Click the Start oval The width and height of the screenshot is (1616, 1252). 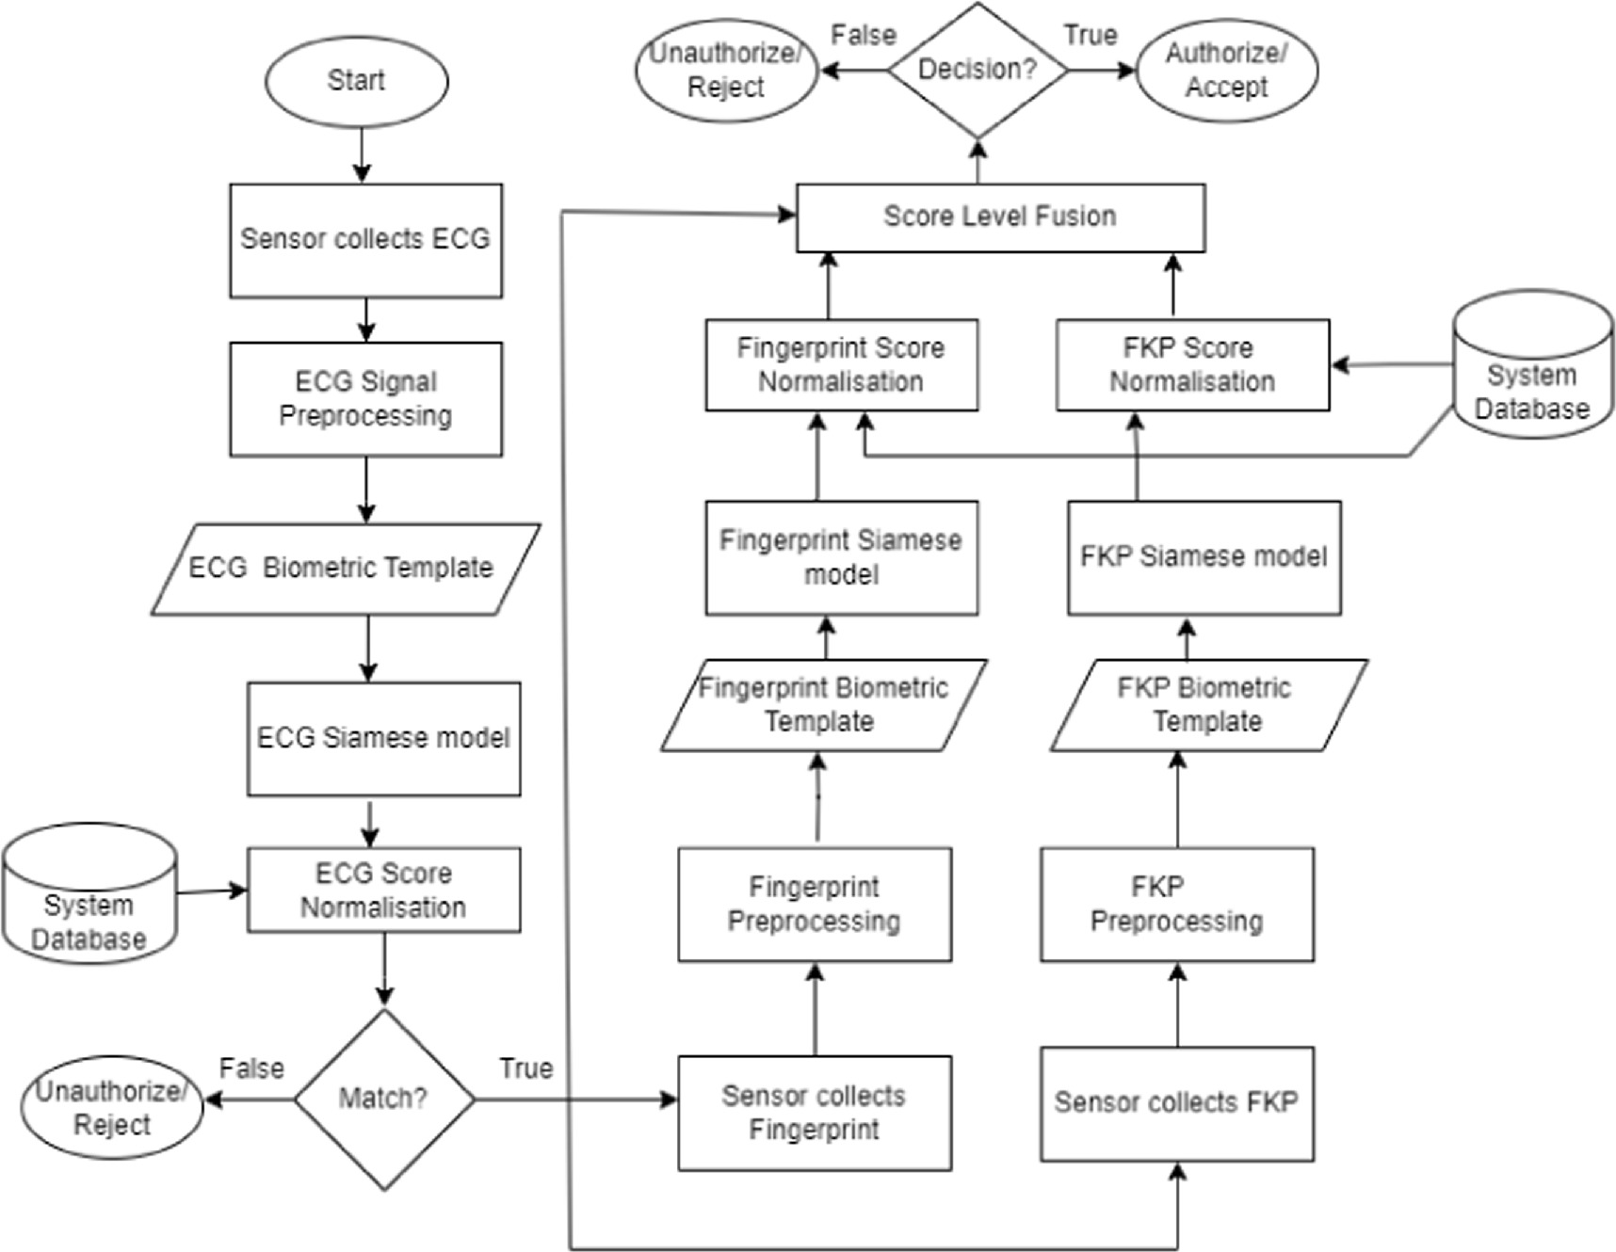tap(356, 81)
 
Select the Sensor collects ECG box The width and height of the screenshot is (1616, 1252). tap(365, 240)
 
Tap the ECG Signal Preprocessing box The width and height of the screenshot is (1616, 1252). tap(365, 399)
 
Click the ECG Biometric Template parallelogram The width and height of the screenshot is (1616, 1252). tap(345, 569)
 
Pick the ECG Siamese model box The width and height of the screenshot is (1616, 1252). tap(383, 738)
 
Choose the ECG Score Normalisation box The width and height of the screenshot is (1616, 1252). tap(383, 890)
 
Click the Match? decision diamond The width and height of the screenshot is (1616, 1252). tap(383, 1098)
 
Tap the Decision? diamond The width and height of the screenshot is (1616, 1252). tap(978, 70)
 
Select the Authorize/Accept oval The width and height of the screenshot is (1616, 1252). tap(1226, 70)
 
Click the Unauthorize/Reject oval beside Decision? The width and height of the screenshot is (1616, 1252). tap(725, 71)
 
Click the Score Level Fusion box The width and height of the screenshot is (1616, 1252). tap(1000, 217)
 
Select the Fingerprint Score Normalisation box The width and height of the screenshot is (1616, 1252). tap(841, 364)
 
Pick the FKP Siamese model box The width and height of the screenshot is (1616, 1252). tap(1204, 557)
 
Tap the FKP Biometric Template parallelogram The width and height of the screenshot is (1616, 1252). tap(1207, 704)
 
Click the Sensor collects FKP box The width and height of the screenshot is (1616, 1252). tap(1176, 1103)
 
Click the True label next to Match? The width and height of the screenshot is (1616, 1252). tap(525, 1068)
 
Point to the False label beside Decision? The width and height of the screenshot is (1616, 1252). tap(863, 36)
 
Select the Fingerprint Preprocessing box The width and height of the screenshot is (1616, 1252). tap(815, 904)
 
